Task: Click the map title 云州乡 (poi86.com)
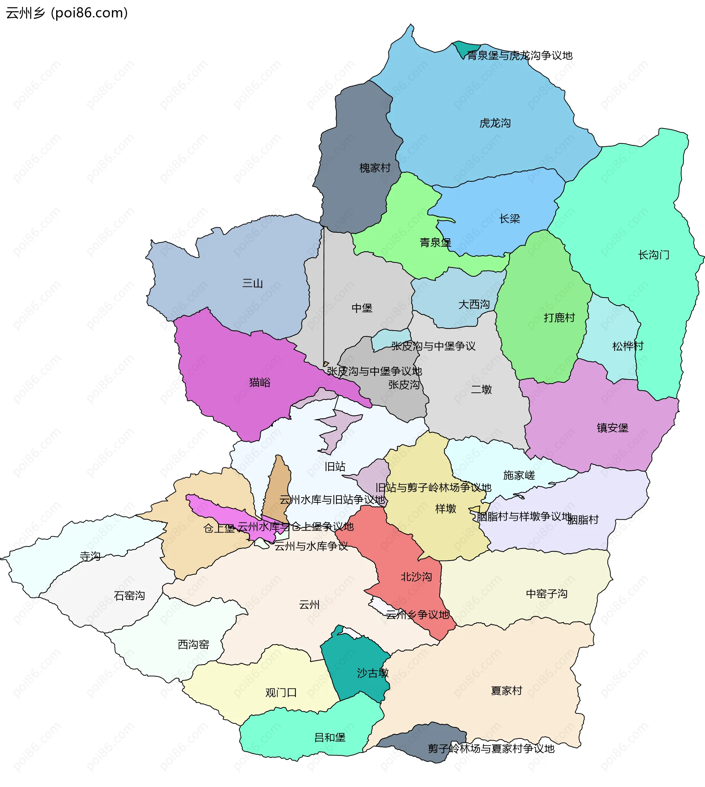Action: pyautogui.click(x=66, y=13)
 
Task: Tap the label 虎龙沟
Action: pyautogui.click(x=495, y=123)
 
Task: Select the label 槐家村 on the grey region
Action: pyautogui.click(x=375, y=168)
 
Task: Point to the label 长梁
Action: pyautogui.click(x=509, y=219)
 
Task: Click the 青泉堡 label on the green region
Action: pyautogui.click(x=435, y=243)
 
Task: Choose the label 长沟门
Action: pyautogui.click(x=654, y=255)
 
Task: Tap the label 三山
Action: pyautogui.click(x=252, y=283)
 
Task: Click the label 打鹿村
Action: pyautogui.click(x=559, y=318)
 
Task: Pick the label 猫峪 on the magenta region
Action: pyautogui.click(x=260, y=382)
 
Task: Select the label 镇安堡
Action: pyautogui.click(x=612, y=428)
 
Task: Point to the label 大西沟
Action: pyautogui.click(x=474, y=305)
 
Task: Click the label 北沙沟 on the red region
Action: pyautogui.click(x=416, y=577)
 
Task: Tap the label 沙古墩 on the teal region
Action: pyautogui.click(x=372, y=673)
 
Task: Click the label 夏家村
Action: pyautogui.click(x=506, y=691)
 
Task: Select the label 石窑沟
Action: pyautogui.click(x=129, y=596)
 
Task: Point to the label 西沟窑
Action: pyautogui.click(x=193, y=645)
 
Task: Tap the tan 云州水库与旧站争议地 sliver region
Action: pyautogui.click(x=278, y=485)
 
